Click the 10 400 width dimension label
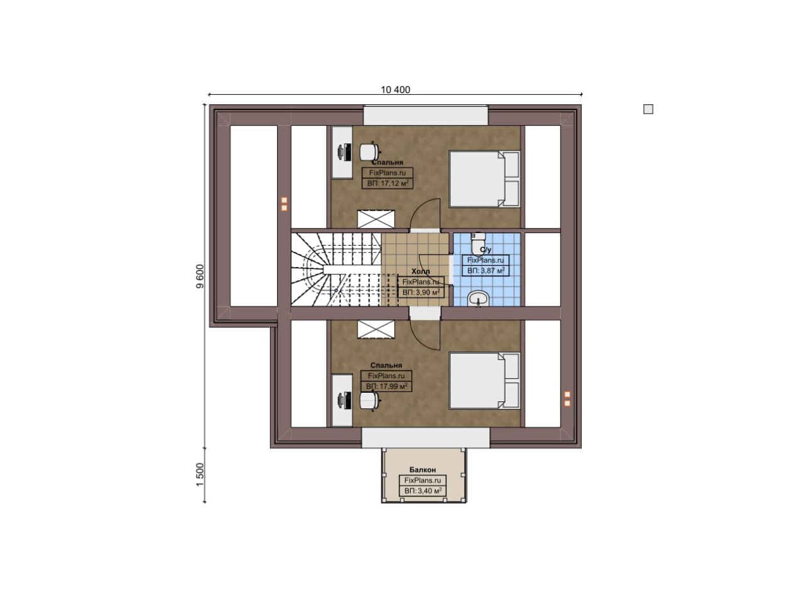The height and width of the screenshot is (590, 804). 395,90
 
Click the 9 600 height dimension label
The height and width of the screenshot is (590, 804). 200,276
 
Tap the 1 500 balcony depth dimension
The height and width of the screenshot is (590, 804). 200,475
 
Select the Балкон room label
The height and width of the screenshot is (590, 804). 423,470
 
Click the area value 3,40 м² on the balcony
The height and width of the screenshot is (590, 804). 423,491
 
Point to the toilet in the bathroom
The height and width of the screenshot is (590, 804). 478,243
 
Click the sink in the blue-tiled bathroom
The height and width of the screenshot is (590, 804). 479,298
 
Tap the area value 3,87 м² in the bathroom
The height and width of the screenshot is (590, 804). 486,271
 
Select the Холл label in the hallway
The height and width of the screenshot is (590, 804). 420,271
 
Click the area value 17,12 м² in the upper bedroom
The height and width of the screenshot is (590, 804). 388,183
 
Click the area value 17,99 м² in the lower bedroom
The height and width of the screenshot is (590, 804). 386,386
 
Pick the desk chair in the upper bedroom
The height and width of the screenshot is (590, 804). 369,151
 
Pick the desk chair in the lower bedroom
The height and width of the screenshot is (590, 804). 369,401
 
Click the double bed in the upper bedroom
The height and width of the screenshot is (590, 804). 484,179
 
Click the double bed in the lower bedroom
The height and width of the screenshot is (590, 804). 484,381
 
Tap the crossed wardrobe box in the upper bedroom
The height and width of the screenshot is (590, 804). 376,219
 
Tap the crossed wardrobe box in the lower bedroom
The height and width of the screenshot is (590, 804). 376,329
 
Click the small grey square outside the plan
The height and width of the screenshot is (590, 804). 648,109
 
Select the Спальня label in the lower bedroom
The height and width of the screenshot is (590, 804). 386,365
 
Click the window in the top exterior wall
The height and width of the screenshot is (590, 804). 426,115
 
